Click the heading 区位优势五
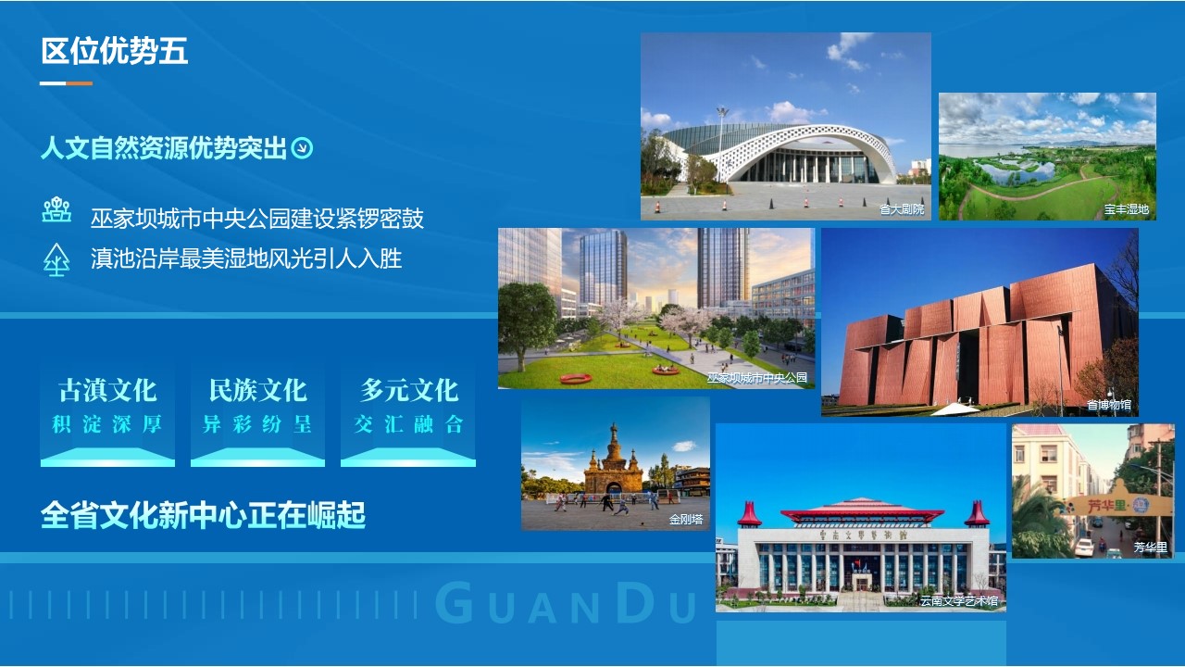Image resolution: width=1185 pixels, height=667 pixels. tap(114, 51)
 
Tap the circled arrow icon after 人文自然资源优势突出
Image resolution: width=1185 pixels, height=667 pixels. tap(303, 147)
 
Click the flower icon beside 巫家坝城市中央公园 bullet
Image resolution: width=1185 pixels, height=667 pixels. tap(56, 209)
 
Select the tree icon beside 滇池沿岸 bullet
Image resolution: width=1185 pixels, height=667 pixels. tap(56, 259)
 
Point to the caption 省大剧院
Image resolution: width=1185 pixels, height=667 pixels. tap(902, 209)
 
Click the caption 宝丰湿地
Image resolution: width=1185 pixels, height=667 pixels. tap(1127, 209)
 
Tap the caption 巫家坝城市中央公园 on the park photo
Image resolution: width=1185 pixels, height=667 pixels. tap(757, 377)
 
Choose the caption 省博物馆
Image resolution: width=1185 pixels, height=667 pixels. tap(1109, 405)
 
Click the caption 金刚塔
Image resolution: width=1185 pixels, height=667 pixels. tap(686, 520)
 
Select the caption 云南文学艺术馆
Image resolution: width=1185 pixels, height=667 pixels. tap(959, 600)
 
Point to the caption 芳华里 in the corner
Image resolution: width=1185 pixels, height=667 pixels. tap(1151, 547)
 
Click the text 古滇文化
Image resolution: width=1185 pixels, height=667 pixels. tap(107, 390)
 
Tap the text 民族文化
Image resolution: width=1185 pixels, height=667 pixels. tap(257, 390)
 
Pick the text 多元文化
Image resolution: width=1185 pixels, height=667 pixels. tap(409, 390)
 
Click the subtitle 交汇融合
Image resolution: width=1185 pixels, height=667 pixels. tap(409, 424)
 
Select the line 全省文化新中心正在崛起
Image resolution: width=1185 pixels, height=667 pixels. tap(203, 514)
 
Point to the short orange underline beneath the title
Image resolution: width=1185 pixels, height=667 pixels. tap(80, 83)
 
